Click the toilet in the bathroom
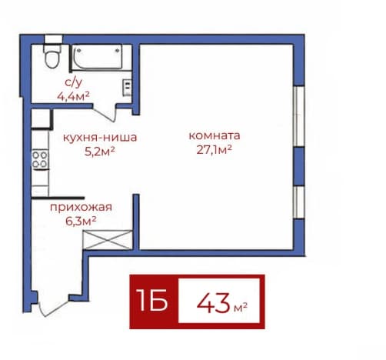tap(52, 56)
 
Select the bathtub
tap(97, 58)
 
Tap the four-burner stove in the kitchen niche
tap(40, 159)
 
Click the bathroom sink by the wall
tap(127, 88)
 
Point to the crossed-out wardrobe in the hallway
tap(108, 240)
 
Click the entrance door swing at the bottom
tap(53, 305)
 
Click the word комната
tap(215, 135)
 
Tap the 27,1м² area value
tap(215, 150)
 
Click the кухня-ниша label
tap(100, 138)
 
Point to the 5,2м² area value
tap(99, 152)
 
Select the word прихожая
tap(81, 207)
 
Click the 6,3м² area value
tap(81, 221)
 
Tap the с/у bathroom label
tap(73, 82)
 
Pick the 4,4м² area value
tap(73, 96)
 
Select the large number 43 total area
tap(213, 304)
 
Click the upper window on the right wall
tap(299, 116)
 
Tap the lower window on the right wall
tap(299, 202)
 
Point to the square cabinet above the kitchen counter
tap(41, 118)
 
